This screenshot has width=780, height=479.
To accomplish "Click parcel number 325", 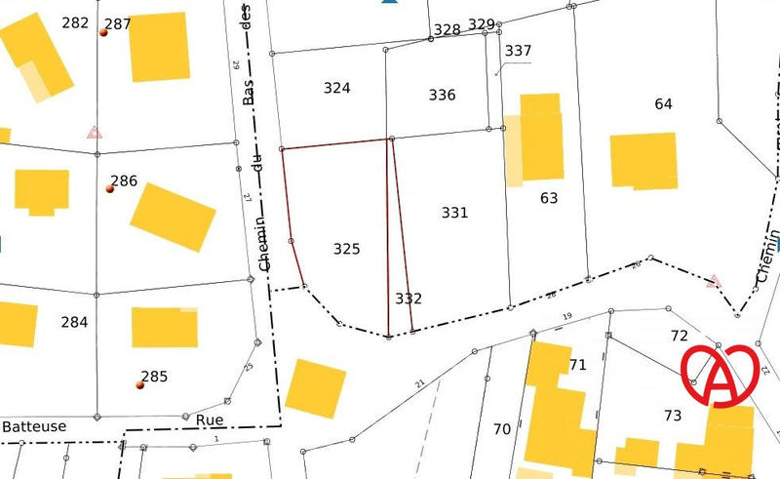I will pyautogui.click(x=346, y=249).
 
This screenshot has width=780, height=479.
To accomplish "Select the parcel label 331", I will pyautogui.click(x=454, y=212).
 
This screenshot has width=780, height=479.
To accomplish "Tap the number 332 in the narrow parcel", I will pyautogui.click(x=409, y=298).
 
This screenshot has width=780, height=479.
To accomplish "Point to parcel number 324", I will pyautogui.click(x=336, y=88).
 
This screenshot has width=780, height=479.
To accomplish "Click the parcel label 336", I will pyautogui.click(x=442, y=95).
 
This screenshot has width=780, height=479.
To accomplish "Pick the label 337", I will pyautogui.click(x=519, y=51).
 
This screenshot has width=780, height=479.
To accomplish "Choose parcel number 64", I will pyautogui.click(x=664, y=103).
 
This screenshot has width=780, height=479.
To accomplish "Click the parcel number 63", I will pyautogui.click(x=549, y=198).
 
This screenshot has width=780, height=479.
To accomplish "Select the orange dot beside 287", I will pyautogui.click(x=103, y=32).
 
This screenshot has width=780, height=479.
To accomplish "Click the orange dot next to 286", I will pyautogui.click(x=110, y=188).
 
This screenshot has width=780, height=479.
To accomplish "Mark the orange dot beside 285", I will pyautogui.click(x=140, y=384).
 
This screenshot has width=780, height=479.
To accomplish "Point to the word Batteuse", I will pyautogui.click(x=35, y=426).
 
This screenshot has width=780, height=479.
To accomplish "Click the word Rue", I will pyautogui.click(x=210, y=419).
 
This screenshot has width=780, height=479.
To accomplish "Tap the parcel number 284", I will pyautogui.click(x=74, y=322).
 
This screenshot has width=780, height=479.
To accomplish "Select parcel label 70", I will pyautogui.click(x=502, y=428).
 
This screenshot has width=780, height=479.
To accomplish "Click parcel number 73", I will pyautogui.click(x=673, y=416).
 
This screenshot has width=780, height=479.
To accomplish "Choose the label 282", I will pyautogui.click(x=74, y=22).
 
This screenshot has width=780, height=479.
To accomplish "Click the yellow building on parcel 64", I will pyautogui.click(x=643, y=159).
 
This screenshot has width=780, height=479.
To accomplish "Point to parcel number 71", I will pyautogui.click(x=578, y=365).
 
